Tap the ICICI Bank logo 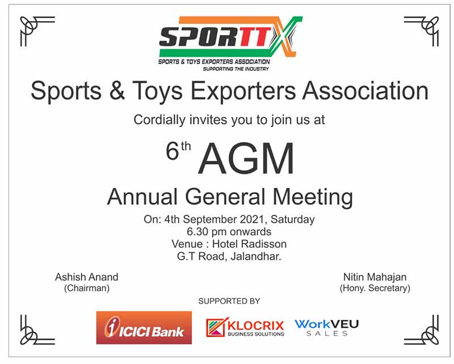(x=144, y=328)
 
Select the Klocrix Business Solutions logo (x=245, y=328)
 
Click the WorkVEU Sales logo (x=327, y=328)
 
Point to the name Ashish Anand (x=87, y=277)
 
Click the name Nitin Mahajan (x=375, y=277)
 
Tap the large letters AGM (x=246, y=159)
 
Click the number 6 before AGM (x=173, y=151)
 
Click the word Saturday (x=292, y=219)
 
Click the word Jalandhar (x=256, y=256)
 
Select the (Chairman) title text (x=87, y=288)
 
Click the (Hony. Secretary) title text (x=375, y=288)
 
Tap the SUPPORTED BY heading (x=229, y=301)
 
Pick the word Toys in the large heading (x=158, y=91)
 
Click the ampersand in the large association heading (x=117, y=91)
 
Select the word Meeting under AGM (x=313, y=197)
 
